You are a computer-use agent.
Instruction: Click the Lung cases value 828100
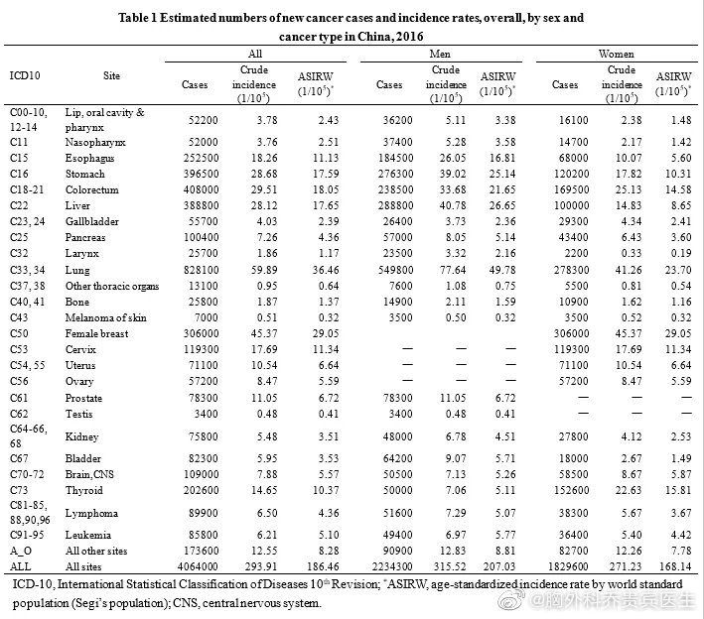[201, 270]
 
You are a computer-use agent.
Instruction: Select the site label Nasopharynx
[95, 142]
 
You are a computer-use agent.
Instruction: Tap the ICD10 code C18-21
[27, 189]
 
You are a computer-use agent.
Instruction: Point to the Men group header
[440, 54]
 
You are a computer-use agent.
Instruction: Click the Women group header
[616, 54]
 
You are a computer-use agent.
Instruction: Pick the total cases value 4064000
[198, 566]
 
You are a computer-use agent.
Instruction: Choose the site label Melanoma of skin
[106, 317]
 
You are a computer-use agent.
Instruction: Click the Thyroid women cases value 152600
[571, 490]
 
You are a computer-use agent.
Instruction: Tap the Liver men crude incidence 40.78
[453, 205]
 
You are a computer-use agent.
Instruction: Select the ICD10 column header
[25, 75]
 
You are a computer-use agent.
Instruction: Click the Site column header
[111, 75]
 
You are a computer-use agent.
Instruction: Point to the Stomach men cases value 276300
[395, 174]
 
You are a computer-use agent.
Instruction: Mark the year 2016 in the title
[409, 37]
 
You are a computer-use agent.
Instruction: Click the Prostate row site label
[83, 398]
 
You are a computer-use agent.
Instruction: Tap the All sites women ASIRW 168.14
[675, 566]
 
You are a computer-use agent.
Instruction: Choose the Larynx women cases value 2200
[576, 253]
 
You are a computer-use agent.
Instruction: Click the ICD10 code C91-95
[27, 535]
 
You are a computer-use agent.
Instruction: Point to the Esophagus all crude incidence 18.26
[264, 158]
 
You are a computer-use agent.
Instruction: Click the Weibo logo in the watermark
[511, 600]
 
